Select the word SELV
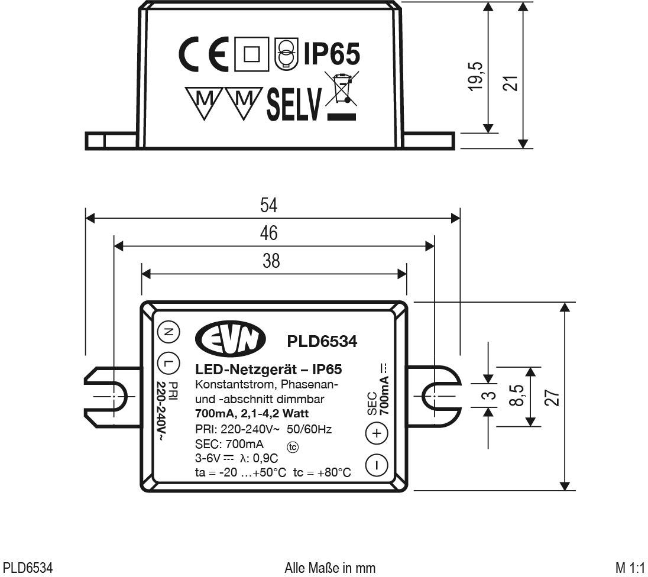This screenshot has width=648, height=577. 294,104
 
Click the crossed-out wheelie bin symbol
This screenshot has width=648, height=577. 341,95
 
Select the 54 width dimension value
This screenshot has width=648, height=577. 269,205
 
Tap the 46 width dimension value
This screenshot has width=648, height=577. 269,233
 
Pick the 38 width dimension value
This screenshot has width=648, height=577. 271,261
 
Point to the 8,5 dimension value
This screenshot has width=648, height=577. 516,396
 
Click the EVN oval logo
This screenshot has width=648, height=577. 231,339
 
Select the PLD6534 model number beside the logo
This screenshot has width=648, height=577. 322,341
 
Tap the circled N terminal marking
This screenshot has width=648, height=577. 167,333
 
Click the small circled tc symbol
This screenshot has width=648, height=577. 293,447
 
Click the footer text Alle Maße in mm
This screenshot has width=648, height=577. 330,568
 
